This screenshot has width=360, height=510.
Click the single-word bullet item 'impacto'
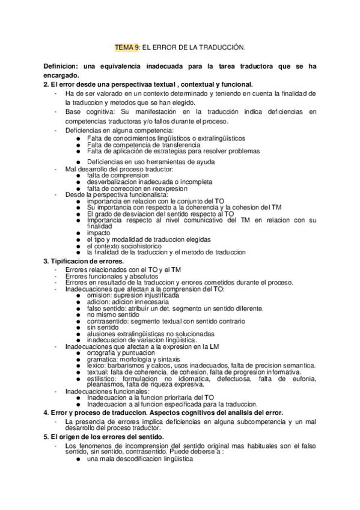pyautogui.click(x=99, y=233)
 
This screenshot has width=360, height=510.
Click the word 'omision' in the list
pyautogui.click(x=99, y=295)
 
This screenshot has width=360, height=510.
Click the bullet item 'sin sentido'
pyautogui.click(x=105, y=327)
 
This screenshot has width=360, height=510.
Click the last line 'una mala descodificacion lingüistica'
pyautogui.click(x=139, y=459)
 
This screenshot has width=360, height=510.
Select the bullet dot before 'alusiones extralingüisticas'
pyautogui.click(x=79, y=333)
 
